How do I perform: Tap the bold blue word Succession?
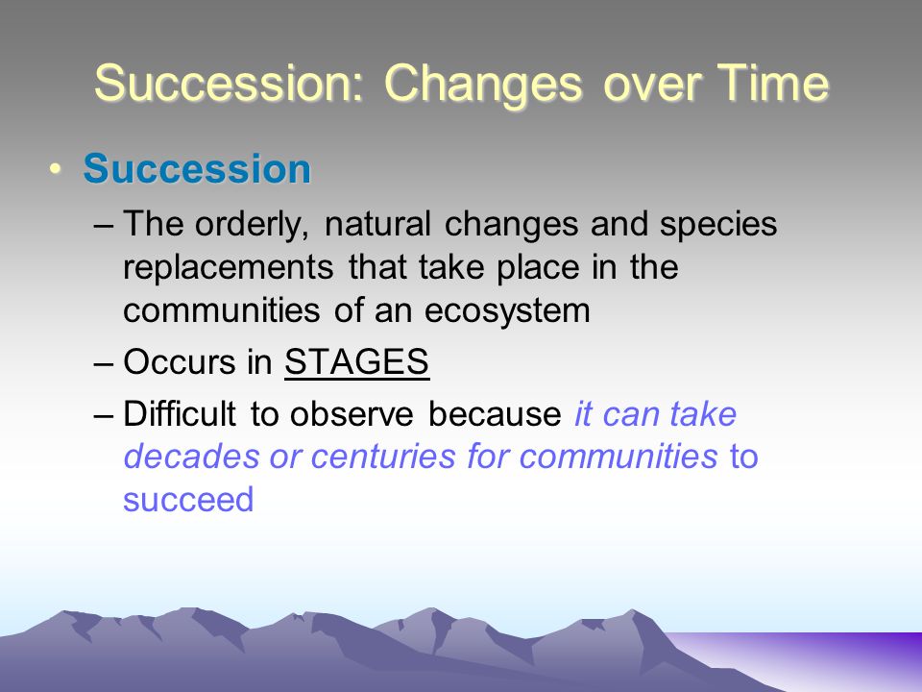point(197,169)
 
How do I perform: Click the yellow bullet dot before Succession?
point(56,169)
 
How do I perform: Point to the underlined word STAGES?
point(357,361)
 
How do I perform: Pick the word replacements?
point(229,269)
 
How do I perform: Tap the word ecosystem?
point(507,311)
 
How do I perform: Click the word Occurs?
point(179,361)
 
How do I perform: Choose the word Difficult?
point(180,413)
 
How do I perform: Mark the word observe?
point(352,413)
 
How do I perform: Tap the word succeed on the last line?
point(188,500)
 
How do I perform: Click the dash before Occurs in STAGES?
point(103,363)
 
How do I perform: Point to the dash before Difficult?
point(103,415)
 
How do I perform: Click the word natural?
point(377,224)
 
